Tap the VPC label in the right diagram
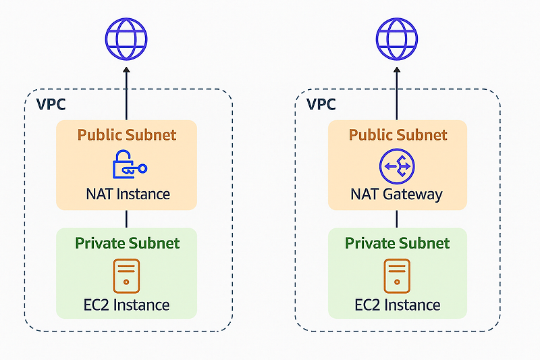tap(321, 105)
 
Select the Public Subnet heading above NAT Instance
tap(127, 134)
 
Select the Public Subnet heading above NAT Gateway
tap(398, 134)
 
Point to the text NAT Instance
tap(128, 195)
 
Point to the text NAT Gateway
tap(396, 195)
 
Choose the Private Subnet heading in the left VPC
tap(127, 243)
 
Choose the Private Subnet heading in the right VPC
tap(397, 243)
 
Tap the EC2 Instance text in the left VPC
tap(126, 305)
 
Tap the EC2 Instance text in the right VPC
tap(397, 305)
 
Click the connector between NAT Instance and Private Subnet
tap(126, 219)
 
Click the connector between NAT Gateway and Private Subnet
tap(396, 219)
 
